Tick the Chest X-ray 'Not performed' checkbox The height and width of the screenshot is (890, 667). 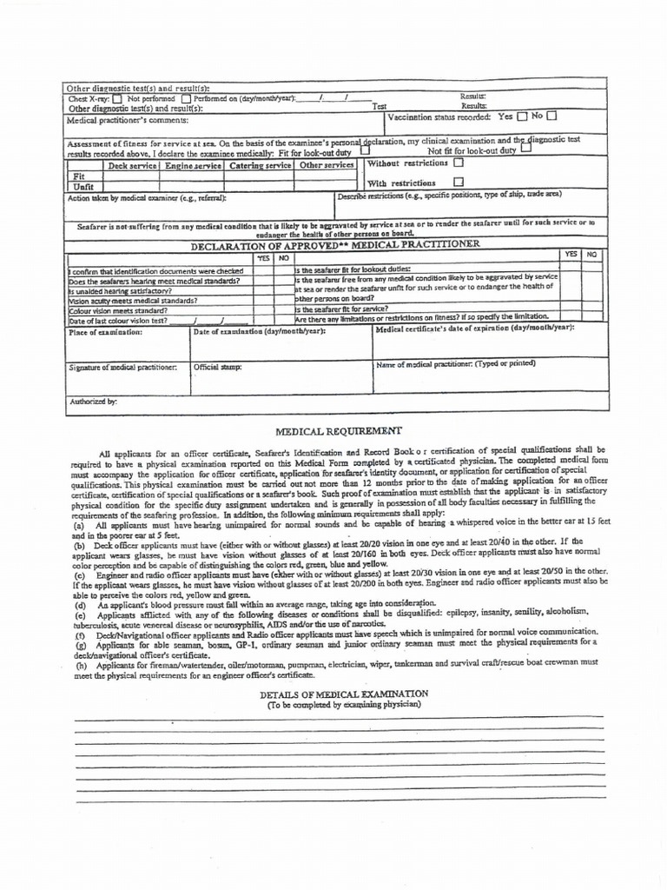[118, 99]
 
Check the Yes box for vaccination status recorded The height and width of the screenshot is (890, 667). [522, 116]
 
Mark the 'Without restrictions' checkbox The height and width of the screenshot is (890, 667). [459, 163]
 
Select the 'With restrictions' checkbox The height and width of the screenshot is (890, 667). [459, 183]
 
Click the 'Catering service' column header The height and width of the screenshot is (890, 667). [259, 165]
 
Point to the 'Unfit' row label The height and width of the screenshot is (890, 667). [84, 186]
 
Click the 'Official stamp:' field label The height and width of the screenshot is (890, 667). [217, 367]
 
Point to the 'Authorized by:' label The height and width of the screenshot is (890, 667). [92, 402]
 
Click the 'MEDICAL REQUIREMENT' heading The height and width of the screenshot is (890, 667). [339, 431]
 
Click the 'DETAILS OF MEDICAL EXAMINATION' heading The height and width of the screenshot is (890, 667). [344, 694]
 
